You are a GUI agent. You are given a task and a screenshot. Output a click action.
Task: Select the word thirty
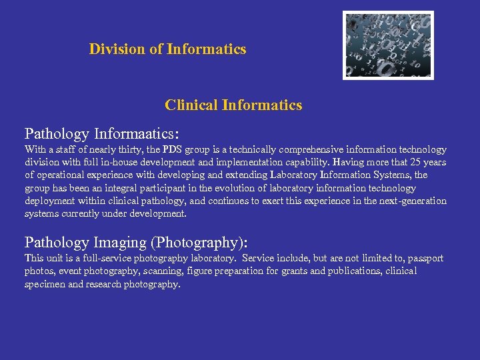coord(155,149)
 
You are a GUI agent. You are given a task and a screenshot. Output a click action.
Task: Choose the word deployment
coord(50,201)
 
